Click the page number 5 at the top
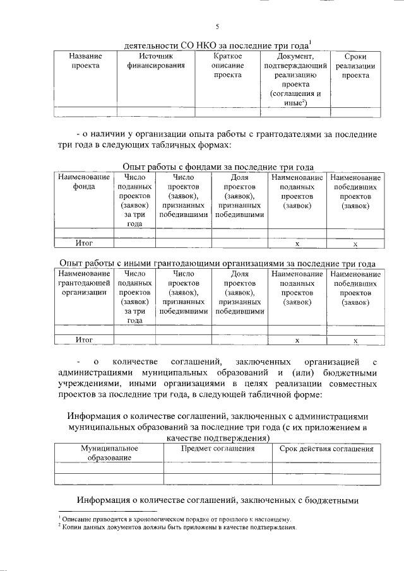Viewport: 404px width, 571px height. (217, 26)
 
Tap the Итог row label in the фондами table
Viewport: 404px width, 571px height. (84, 242)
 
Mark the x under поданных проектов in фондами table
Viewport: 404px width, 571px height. (297, 243)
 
